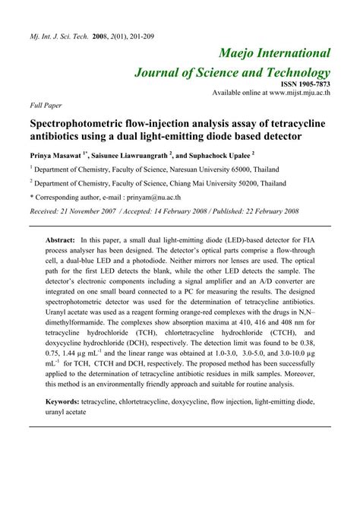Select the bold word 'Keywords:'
tap(67, 401)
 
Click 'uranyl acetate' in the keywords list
tap(67, 412)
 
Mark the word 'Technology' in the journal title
tap(294, 72)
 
